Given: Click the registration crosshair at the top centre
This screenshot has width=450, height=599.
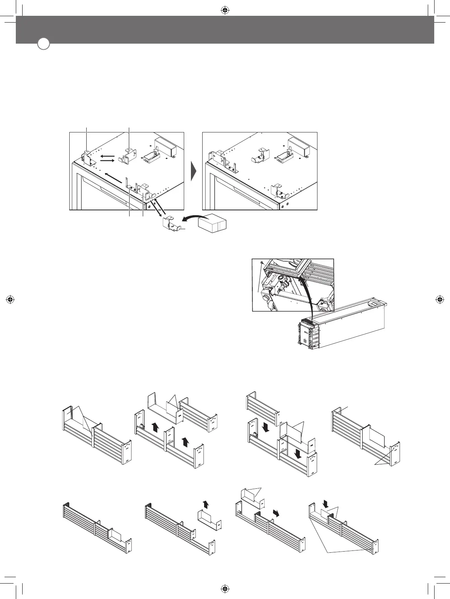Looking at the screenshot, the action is (x=224, y=11).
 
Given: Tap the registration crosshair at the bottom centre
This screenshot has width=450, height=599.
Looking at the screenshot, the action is (x=224, y=588).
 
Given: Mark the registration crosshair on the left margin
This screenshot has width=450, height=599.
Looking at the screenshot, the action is (x=11, y=299).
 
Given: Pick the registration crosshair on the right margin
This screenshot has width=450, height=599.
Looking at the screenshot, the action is (x=439, y=299).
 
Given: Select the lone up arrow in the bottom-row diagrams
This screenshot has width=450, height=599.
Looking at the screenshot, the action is (x=204, y=504).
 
